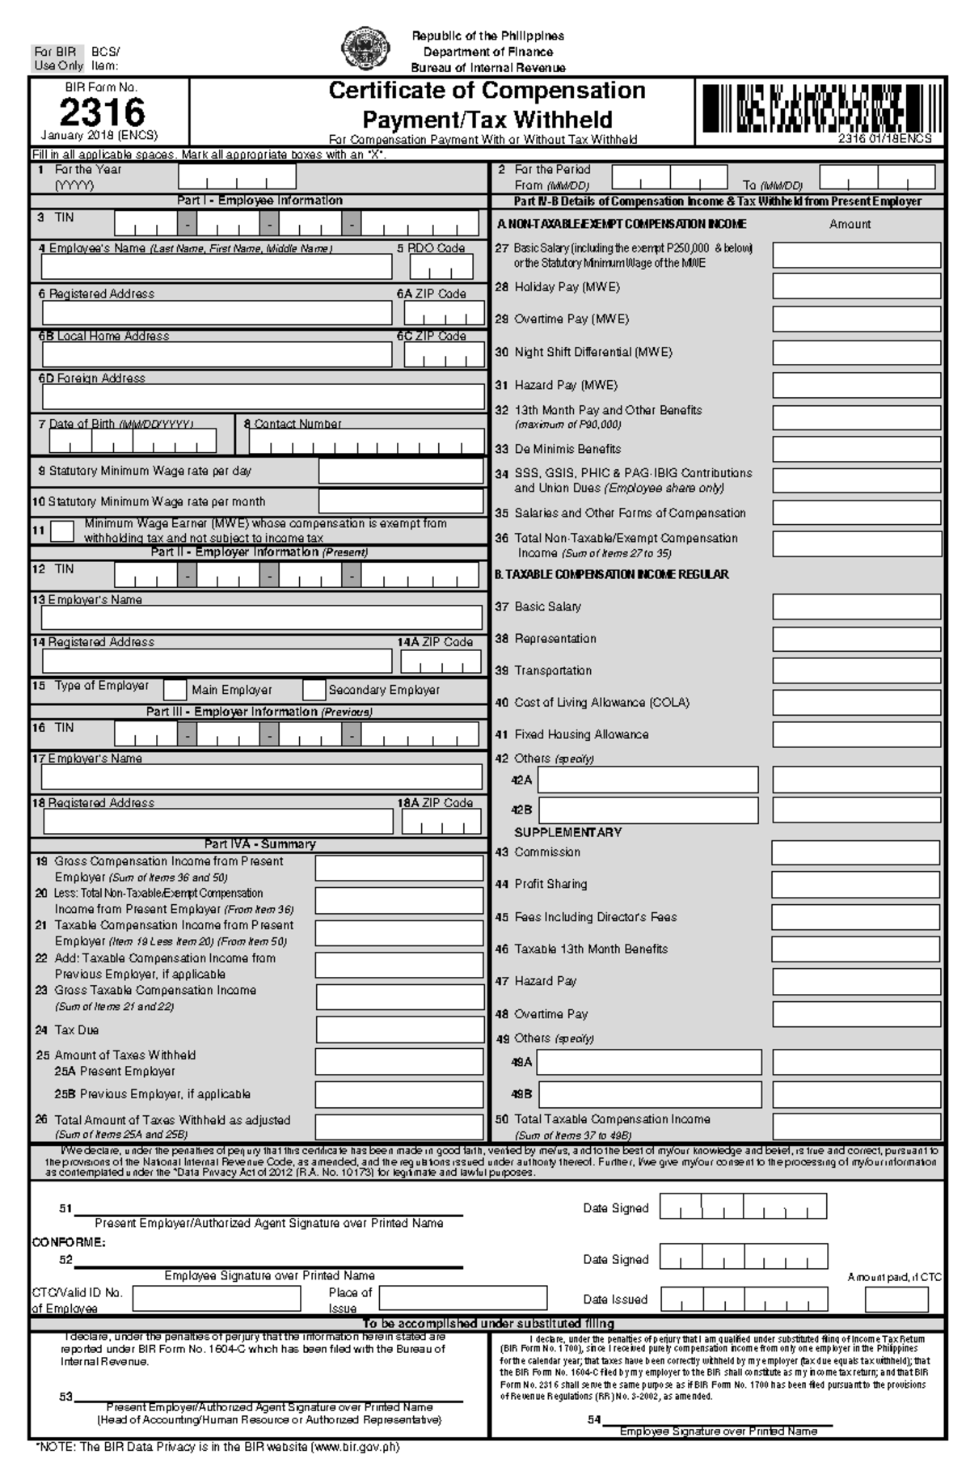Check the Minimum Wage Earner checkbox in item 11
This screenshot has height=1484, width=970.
[x=62, y=531]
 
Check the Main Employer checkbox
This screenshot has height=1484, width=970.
[x=175, y=690]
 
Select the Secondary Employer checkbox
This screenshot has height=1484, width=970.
[x=314, y=690]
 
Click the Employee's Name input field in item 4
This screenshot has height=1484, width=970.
[x=217, y=266]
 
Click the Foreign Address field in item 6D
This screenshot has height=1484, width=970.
[x=263, y=397]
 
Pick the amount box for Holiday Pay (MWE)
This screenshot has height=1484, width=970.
[x=856, y=286]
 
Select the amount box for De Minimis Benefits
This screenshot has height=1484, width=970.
[x=856, y=449]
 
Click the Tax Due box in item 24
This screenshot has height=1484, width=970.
[x=399, y=1029]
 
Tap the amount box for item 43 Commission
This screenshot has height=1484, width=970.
[x=855, y=852]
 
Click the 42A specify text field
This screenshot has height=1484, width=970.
[x=648, y=780]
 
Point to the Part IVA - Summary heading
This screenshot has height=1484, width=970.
[x=259, y=843]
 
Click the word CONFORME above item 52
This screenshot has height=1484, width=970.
[x=68, y=1241]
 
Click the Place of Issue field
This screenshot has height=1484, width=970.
[x=462, y=1299]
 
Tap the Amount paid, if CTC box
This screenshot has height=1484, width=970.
[x=896, y=1299]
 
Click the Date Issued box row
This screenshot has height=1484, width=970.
[x=744, y=1299]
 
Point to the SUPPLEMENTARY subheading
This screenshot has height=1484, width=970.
[x=567, y=832]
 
